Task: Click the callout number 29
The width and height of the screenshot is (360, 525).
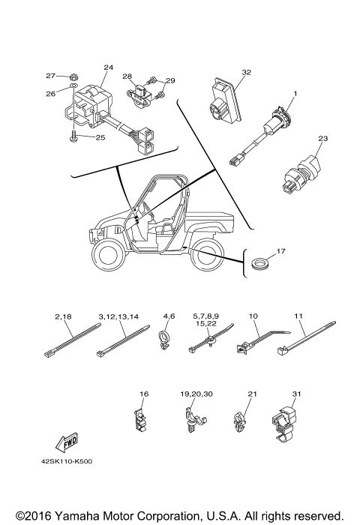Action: point(170,81)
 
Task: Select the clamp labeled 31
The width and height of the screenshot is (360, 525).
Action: point(283,424)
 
